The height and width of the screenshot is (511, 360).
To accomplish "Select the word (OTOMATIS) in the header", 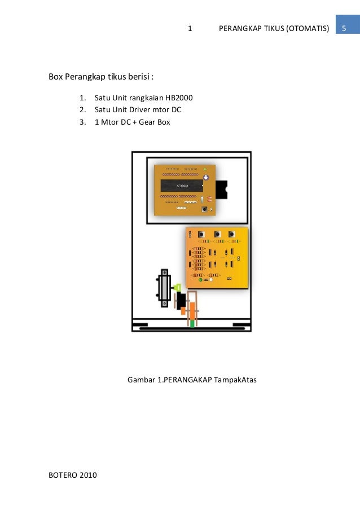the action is [x=308, y=28].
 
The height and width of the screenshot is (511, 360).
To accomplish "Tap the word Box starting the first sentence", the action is [x=55, y=77].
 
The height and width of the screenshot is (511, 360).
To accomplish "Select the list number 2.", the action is [x=82, y=109].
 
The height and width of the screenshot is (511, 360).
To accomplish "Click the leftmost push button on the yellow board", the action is [x=201, y=234].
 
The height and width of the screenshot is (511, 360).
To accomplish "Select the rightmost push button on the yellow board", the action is [x=232, y=234].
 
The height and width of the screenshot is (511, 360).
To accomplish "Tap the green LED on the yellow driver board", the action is [x=200, y=280].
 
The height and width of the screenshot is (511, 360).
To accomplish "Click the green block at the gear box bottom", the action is [x=192, y=323].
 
